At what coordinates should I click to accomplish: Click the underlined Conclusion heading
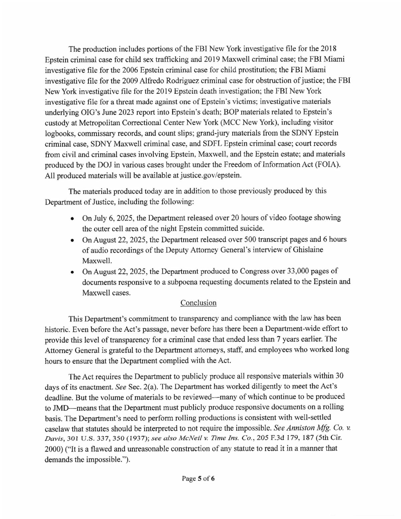pyautogui.click(x=198, y=303)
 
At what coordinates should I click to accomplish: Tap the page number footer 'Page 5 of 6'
pyautogui.click(x=198, y=479)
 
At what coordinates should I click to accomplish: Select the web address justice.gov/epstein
pyautogui.click(x=210, y=175)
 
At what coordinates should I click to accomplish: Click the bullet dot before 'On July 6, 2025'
pyautogui.click(x=72, y=218)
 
